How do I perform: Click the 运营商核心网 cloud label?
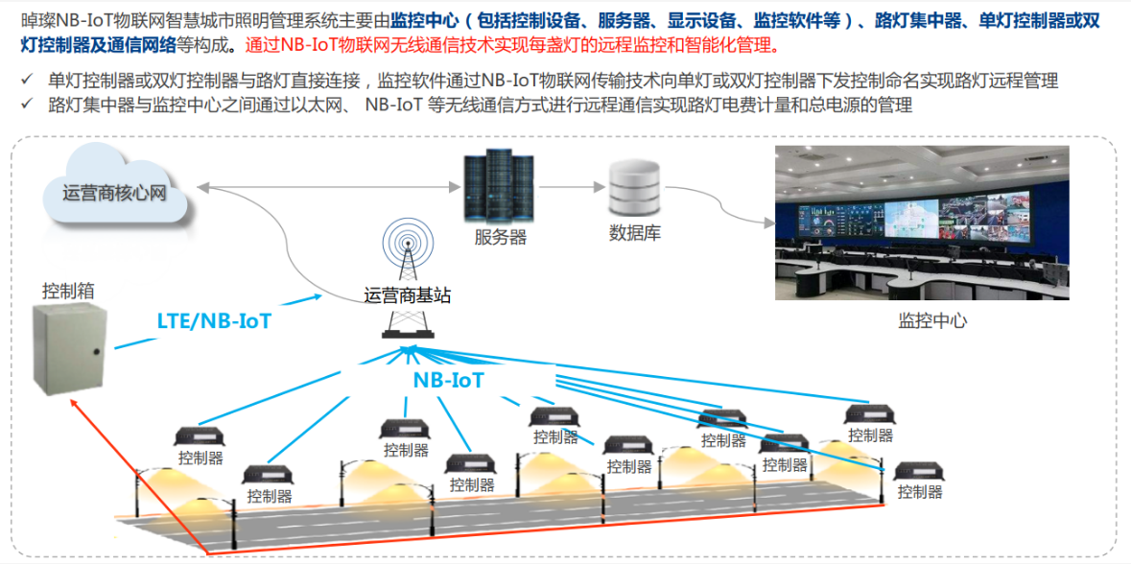(115, 193)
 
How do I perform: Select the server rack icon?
(499, 186)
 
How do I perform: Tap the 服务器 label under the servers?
(500, 237)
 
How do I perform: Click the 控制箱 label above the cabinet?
(68, 290)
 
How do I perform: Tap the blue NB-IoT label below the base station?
(448, 380)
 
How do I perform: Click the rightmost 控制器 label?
(920, 492)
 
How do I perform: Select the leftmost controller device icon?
(200, 435)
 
